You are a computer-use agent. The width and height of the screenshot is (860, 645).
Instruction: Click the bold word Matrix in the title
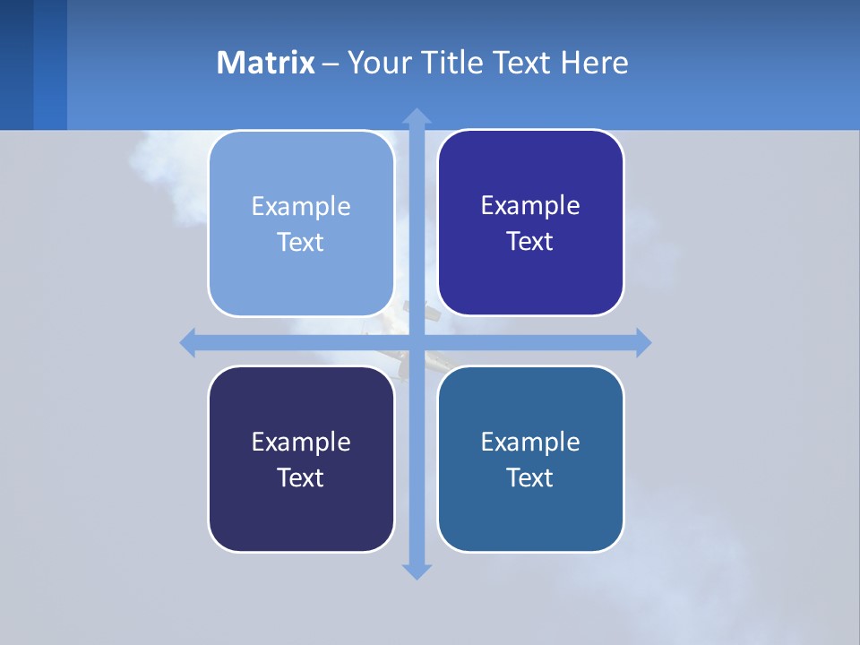pos(265,63)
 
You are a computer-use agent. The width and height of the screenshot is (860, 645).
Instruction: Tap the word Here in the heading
pos(594,63)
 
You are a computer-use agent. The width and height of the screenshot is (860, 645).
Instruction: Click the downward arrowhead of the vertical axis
pos(417,571)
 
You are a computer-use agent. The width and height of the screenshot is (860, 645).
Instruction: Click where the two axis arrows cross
pos(417,342)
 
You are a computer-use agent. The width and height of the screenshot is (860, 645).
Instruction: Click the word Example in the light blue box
pos(301,206)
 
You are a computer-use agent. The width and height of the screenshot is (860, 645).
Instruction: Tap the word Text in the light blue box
pos(301,242)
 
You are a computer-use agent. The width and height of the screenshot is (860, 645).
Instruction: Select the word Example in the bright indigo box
pos(530,205)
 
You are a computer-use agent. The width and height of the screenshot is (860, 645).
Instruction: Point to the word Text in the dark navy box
pos(301,477)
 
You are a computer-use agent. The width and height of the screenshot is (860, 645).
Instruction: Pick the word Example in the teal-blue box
pos(530,442)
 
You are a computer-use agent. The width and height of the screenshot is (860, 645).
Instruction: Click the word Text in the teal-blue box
pos(530,477)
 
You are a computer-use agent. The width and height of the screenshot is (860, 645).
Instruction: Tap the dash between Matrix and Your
pos(331,64)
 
